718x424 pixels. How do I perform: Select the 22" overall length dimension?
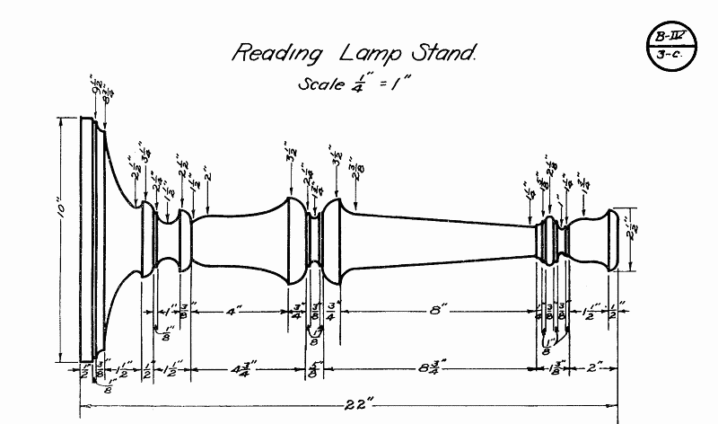349,406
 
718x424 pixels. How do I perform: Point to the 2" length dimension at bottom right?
593,368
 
